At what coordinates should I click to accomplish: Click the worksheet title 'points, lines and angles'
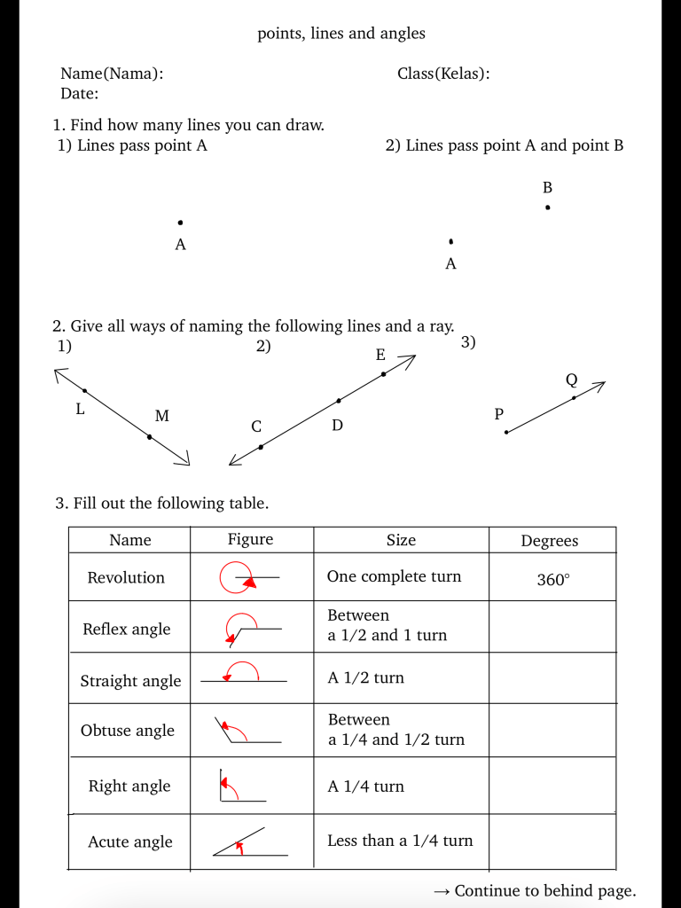pos(340,34)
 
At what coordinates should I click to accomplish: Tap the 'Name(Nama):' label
pos(112,74)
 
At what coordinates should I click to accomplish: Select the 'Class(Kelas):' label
pos(443,74)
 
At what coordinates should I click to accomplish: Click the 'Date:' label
pos(80,93)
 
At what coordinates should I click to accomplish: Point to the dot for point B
pos(548,207)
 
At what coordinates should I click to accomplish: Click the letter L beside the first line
pos(80,409)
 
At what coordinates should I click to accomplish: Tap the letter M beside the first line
pos(162,415)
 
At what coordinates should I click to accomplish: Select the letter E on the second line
pos(380,355)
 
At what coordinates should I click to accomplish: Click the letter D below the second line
pos(337,426)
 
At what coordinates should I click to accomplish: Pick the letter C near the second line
pos(256,427)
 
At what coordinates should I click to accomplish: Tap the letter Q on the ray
pos(571,380)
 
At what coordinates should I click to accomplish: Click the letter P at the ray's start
pos(498,413)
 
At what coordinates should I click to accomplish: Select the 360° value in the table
pos(553,580)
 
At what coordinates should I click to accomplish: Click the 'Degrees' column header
pos(550,541)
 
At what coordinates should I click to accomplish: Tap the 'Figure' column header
pos(250,539)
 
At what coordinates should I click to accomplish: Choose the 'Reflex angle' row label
pos(127,629)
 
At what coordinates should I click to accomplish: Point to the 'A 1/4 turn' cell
pos(365,786)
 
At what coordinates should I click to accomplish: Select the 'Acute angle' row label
pos(130,841)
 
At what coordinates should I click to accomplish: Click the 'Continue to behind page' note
pos(535,891)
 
